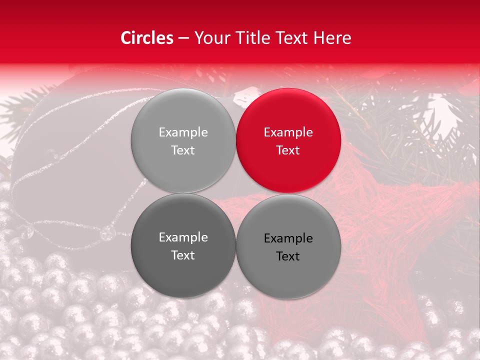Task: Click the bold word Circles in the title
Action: pyautogui.click(x=146, y=38)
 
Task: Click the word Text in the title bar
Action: pyautogui.click(x=294, y=38)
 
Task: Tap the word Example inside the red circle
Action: pyautogui.click(x=288, y=132)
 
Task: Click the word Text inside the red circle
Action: pyautogui.click(x=288, y=150)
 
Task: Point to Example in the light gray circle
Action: pyautogui.click(x=183, y=132)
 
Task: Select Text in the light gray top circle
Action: pyautogui.click(x=183, y=150)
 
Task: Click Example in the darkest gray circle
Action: pyautogui.click(x=183, y=237)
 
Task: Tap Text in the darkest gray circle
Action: pyautogui.click(x=183, y=255)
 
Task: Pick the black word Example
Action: pyautogui.click(x=288, y=238)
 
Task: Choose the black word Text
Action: pyautogui.click(x=288, y=256)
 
